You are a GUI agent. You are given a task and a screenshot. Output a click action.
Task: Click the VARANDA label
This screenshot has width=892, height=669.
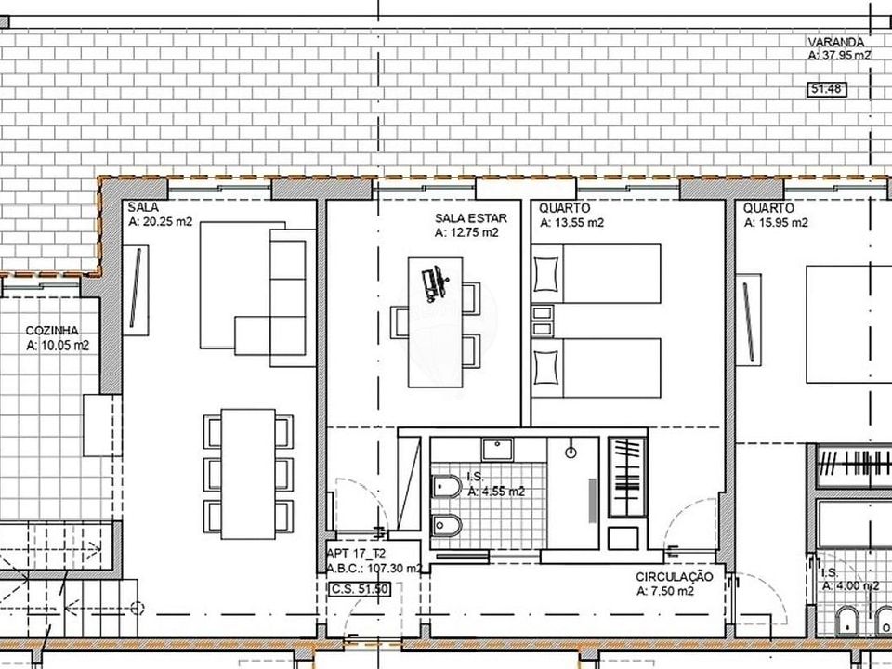click(x=836, y=42)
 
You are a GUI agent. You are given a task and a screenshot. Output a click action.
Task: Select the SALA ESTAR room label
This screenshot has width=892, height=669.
click(x=470, y=218)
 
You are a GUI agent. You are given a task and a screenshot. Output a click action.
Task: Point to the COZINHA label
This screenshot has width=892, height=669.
click(x=52, y=331)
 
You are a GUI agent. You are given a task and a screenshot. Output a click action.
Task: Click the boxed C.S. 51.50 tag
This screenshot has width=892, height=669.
click(x=360, y=589)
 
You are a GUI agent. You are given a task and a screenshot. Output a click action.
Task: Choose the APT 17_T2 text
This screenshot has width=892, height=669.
click(x=356, y=554)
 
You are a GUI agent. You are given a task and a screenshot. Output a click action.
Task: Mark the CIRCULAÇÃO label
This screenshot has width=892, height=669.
click(x=675, y=577)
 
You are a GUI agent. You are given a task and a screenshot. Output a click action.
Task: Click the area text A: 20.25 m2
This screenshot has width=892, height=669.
click(x=161, y=222)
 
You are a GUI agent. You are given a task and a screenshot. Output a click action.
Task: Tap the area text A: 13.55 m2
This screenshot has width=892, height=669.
click(x=571, y=223)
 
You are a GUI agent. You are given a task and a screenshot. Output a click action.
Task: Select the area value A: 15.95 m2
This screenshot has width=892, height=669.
click(x=776, y=223)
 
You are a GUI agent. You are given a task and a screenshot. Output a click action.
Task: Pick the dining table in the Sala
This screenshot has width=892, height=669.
click(x=248, y=474)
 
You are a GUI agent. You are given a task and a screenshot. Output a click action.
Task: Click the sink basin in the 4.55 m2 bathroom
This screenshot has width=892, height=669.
click(x=497, y=449)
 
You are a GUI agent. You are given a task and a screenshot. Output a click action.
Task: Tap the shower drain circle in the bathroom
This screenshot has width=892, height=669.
click(x=571, y=453)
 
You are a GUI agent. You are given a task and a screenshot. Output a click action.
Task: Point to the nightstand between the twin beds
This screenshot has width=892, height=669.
click(x=542, y=321)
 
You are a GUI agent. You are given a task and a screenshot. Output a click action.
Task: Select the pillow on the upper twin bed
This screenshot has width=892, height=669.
click(x=545, y=273)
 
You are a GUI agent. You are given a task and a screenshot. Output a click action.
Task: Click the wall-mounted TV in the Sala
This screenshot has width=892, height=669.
click(x=136, y=290)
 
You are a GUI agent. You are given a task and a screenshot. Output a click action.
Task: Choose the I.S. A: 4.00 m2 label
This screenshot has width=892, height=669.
click(x=850, y=580)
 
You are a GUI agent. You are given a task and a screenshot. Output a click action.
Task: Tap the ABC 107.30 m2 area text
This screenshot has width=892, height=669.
click(x=374, y=568)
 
